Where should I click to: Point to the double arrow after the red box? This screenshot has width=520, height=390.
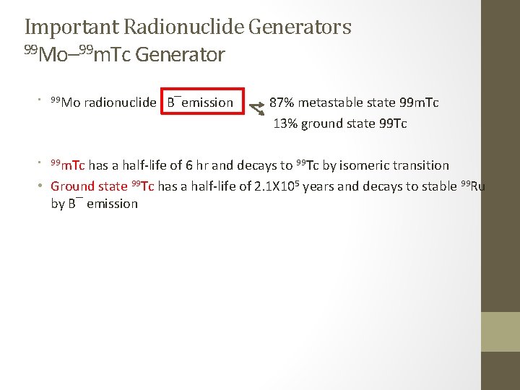[x=256, y=108]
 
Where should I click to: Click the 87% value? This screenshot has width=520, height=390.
[x=282, y=103]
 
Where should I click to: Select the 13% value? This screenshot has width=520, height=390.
[x=285, y=123]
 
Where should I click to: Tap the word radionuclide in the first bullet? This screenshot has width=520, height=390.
[x=120, y=103]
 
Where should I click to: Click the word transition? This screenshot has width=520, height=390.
[x=420, y=165]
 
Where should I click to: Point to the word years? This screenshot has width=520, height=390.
[x=318, y=186]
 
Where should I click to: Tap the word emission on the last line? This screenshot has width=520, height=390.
[x=112, y=204]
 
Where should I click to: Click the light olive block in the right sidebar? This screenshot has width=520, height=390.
[x=500, y=331]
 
